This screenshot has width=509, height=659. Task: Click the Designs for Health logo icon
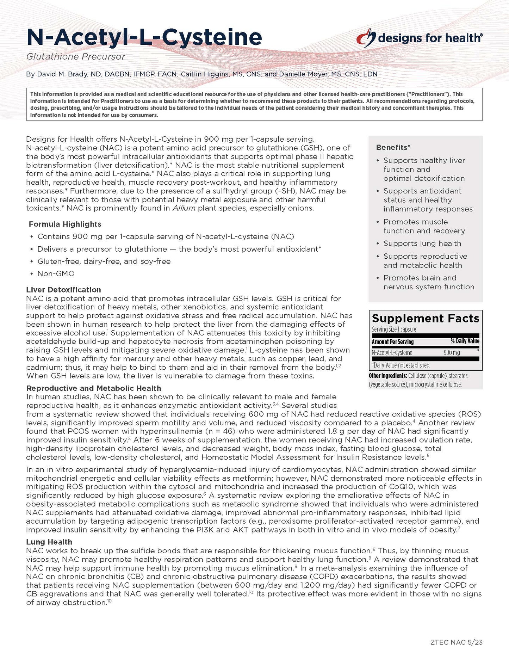coord(366,37)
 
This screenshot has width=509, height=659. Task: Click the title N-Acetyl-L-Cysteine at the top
coord(144,37)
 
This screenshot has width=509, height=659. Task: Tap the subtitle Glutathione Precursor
coord(76,56)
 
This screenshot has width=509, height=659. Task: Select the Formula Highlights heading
coord(65,224)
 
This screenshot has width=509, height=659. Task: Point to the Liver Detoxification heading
coord(63,290)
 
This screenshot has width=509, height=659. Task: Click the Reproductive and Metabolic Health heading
coord(94,388)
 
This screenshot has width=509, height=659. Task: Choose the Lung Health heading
coord(49,542)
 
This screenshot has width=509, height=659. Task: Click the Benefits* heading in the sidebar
coord(393,147)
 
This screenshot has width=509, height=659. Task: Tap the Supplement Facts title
coord(425,318)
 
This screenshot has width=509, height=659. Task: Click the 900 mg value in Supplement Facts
coord(452,352)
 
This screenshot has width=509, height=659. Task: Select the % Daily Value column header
coord(465,341)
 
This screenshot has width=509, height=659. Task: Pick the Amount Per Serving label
coord(392,341)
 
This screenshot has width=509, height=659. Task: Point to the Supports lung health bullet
coord(422,244)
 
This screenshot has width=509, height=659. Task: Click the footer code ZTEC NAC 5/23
coord(456,642)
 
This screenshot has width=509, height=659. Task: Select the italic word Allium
coord(184,208)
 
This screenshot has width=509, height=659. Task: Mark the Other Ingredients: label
coord(388,376)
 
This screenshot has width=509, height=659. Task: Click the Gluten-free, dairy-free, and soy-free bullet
coord(104,261)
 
